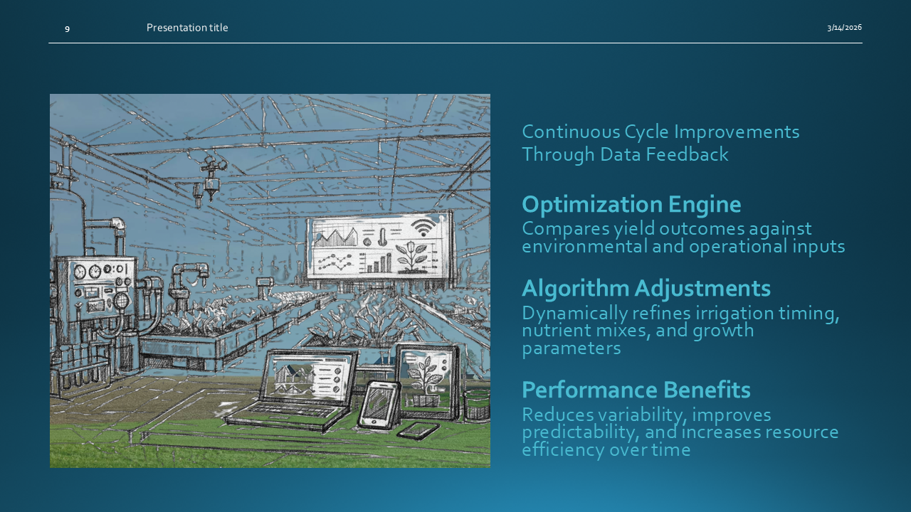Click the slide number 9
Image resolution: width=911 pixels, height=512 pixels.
click(67, 29)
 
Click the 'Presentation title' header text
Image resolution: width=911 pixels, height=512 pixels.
click(187, 28)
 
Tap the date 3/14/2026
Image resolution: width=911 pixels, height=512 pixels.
click(844, 27)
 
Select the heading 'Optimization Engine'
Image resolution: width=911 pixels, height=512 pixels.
click(631, 204)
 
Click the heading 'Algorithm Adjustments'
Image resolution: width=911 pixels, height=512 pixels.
click(646, 288)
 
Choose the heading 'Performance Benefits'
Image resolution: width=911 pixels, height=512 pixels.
click(636, 390)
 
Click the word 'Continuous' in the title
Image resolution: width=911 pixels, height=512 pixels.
click(570, 132)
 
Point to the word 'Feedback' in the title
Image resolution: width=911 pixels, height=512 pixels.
click(687, 154)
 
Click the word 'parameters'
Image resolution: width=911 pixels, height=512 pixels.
click(572, 348)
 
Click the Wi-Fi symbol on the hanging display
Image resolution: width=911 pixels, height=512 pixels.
click(423, 228)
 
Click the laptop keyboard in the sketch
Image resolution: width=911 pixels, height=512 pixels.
click(287, 409)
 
